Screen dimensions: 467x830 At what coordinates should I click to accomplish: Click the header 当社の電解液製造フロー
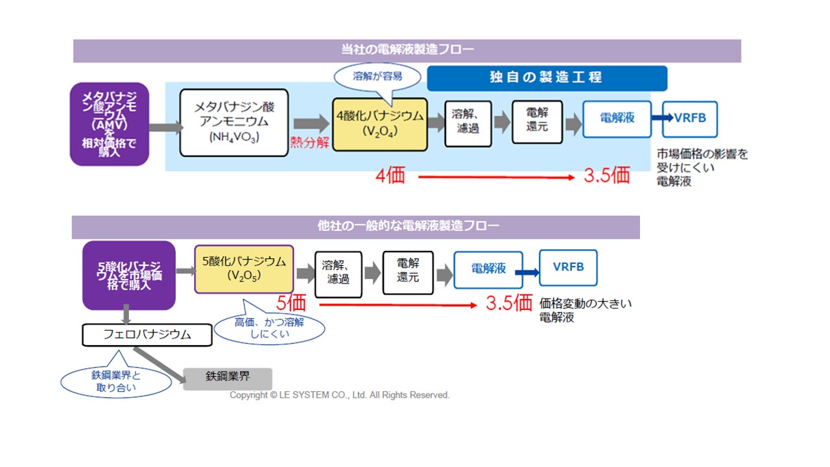(407, 50)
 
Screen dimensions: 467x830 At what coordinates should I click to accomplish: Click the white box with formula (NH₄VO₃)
(234, 123)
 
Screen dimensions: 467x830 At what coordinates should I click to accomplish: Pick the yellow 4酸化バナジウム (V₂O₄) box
(380, 123)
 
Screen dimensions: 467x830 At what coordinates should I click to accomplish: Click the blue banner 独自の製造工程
(546, 77)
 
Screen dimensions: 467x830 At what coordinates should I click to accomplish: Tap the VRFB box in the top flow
(690, 119)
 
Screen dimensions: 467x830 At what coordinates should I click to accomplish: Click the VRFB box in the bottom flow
(568, 267)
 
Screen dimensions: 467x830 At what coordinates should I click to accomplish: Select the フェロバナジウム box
(147, 335)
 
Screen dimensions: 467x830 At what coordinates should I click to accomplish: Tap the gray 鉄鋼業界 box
(228, 377)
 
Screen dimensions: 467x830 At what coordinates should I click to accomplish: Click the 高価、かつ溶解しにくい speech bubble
(269, 328)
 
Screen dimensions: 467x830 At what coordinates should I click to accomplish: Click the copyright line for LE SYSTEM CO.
(340, 395)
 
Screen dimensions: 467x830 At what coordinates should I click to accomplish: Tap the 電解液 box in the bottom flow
(488, 269)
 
